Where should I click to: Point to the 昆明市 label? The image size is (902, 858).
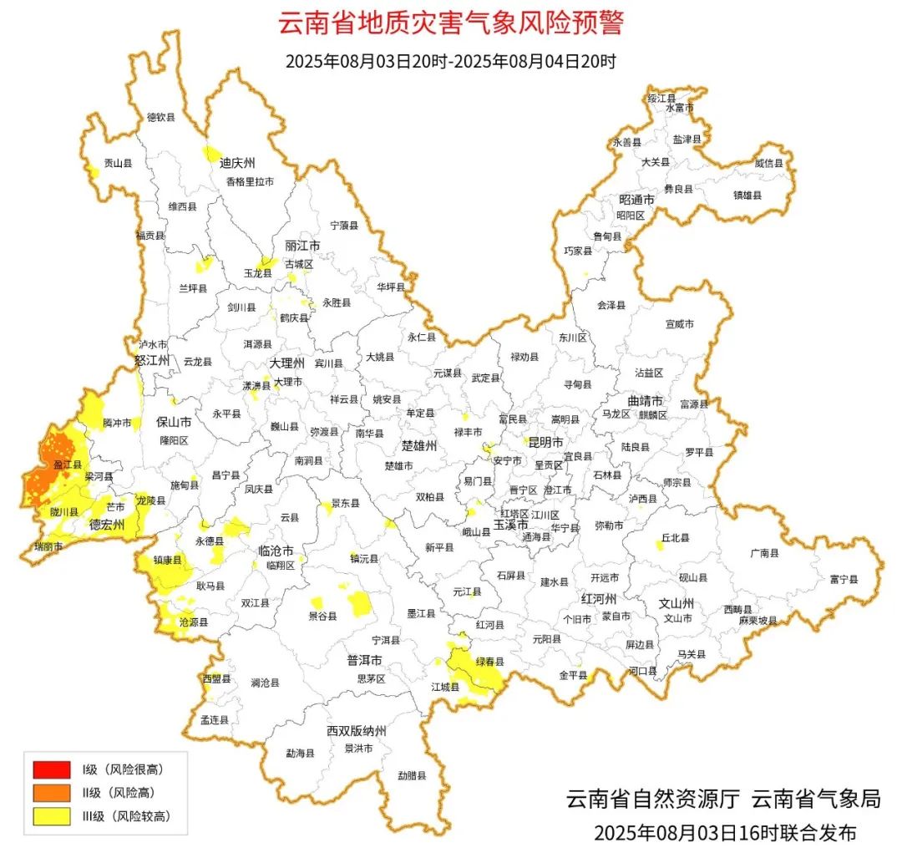[543, 442]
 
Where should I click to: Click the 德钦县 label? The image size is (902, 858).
[161, 118]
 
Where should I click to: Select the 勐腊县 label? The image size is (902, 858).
[412, 775]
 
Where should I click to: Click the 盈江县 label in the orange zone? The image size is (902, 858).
[67, 464]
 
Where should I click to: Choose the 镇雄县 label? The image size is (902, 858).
[747, 195]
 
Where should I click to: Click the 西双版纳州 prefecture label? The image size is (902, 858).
[357, 732]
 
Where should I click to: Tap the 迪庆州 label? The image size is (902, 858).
[237, 162]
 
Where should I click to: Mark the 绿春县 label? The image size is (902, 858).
[490, 662]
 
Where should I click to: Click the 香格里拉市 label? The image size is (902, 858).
[250, 181]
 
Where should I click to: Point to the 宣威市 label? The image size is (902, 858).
[680, 323]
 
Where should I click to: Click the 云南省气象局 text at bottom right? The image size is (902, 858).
[816, 799]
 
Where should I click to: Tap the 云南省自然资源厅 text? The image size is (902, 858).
[652, 799]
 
